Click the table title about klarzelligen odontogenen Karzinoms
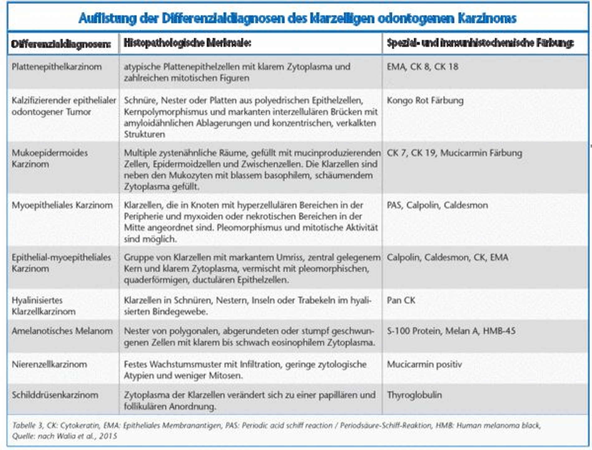[297, 18]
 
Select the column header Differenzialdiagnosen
[61, 44]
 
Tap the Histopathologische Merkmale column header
[187, 43]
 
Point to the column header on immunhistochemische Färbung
[480, 43]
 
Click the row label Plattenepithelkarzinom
[57, 67]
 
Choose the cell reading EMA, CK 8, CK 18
[422, 67]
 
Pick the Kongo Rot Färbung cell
[425, 100]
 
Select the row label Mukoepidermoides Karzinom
[50, 158]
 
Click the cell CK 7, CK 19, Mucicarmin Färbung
[454, 153]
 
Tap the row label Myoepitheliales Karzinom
[62, 205]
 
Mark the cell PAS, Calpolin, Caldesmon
[437, 205]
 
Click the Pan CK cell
[401, 300]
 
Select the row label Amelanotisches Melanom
[62, 331]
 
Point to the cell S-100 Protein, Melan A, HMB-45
[451, 331]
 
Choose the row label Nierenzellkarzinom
[49, 364]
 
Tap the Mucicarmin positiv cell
[424, 364]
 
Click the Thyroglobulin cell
[414, 395]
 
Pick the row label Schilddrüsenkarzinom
[55, 395]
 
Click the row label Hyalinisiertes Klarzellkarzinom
[44, 306]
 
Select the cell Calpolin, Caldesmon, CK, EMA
[447, 257]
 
